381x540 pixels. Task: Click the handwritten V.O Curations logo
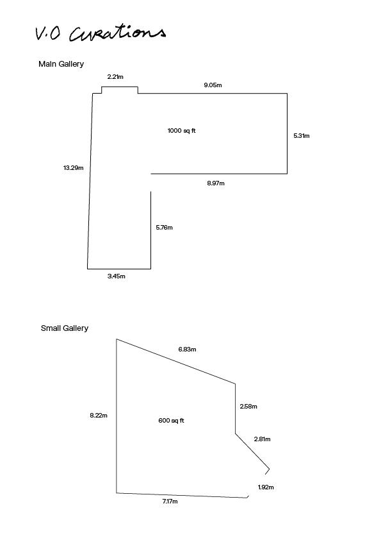(101, 33)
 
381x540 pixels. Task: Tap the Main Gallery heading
(61, 64)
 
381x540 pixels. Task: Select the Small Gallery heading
(65, 328)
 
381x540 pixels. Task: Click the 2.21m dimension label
(115, 77)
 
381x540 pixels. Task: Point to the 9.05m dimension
(213, 85)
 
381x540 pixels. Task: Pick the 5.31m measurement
(302, 136)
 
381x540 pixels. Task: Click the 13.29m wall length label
(73, 168)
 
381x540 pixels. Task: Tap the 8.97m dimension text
(216, 183)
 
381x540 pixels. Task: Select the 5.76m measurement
(165, 227)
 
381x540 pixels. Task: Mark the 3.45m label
(117, 276)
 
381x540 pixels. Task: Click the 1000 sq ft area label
(182, 131)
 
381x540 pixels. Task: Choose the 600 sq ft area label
(171, 421)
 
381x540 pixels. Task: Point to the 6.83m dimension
(188, 350)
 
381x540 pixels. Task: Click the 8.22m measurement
(99, 416)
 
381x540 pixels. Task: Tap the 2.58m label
(248, 407)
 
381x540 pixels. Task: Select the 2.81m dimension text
(263, 439)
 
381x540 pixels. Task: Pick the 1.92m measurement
(266, 487)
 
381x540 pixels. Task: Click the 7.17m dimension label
(170, 502)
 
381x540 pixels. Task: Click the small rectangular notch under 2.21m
(120, 87)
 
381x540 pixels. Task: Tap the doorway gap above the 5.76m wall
(151, 183)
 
